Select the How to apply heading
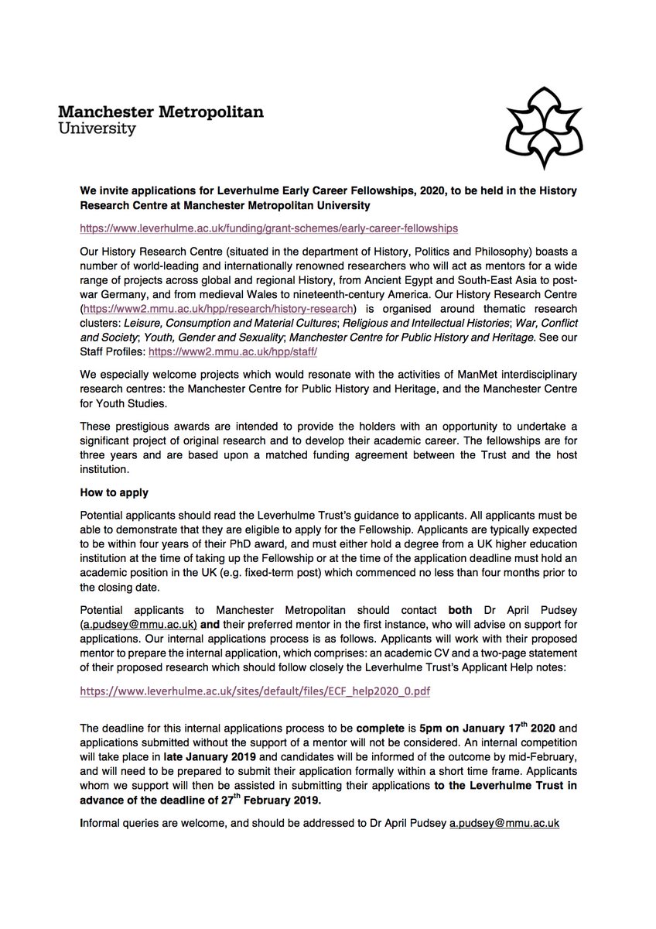[114, 492]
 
